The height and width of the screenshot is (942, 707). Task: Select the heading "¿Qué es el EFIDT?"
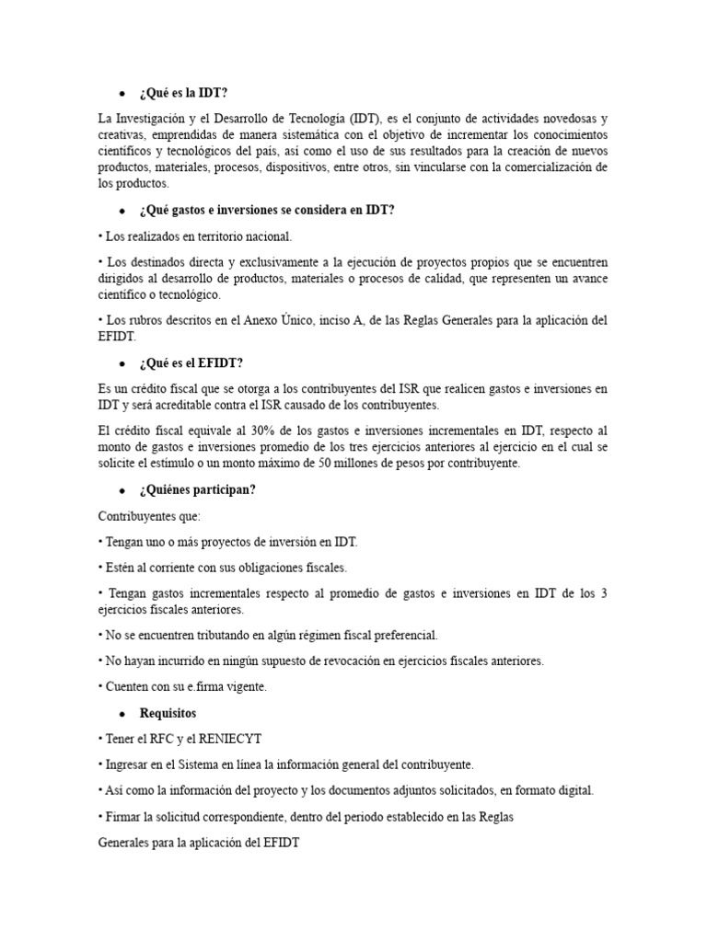point(191,363)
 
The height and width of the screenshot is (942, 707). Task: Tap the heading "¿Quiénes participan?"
point(198,489)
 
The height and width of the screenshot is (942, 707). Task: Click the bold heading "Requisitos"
point(168,713)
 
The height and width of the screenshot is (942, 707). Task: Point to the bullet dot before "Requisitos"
point(122,714)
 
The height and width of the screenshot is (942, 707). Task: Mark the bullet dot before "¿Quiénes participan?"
point(122,490)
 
